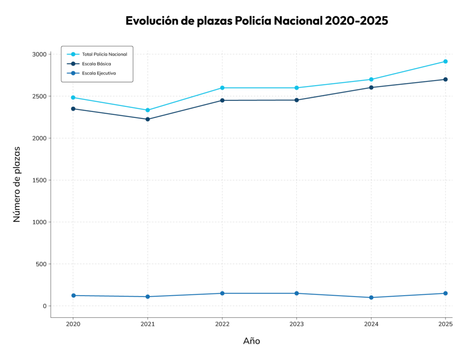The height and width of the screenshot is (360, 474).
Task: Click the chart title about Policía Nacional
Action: pyautogui.click(x=256, y=21)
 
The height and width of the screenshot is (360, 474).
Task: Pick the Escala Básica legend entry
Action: pyautogui.click(x=96, y=64)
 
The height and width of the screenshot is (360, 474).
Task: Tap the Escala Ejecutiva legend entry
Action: pyautogui.click(x=99, y=73)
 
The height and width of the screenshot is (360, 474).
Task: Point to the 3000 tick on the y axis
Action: pyautogui.click(x=39, y=54)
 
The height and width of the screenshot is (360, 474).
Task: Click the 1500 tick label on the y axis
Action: pyautogui.click(x=39, y=180)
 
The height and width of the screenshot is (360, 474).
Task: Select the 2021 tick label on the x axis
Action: pyautogui.click(x=148, y=324)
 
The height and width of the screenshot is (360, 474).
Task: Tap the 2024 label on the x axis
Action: pyautogui.click(x=371, y=324)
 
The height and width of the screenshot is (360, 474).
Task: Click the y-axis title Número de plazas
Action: pyautogui.click(x=17, y=184)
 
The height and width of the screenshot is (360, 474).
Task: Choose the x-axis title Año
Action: pyautogui.click(x=251, y=341)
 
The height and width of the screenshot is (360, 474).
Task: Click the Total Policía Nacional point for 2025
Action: pyautogui.click(x=445, y=62)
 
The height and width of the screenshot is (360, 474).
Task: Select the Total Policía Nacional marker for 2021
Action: pyautogui.click(x=148, y=110)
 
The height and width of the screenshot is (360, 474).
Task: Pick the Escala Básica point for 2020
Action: pyautogui.click(x=73, y=109)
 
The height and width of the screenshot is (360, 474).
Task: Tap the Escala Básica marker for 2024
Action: pyautogui.click(x=371, y=87)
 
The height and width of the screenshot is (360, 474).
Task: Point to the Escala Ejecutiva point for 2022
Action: pyautogui.click(x=222, y=293)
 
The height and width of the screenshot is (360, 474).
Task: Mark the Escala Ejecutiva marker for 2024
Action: pyautogui.click(x=371, y=298)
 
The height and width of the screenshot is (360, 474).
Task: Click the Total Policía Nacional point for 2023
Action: pyautogui.click(x=297, y=88)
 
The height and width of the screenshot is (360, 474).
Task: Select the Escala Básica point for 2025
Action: pyautogui.click(x=445, y=80)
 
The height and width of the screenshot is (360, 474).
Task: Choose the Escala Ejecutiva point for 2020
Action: pyautogui.click(x=73, y=296)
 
